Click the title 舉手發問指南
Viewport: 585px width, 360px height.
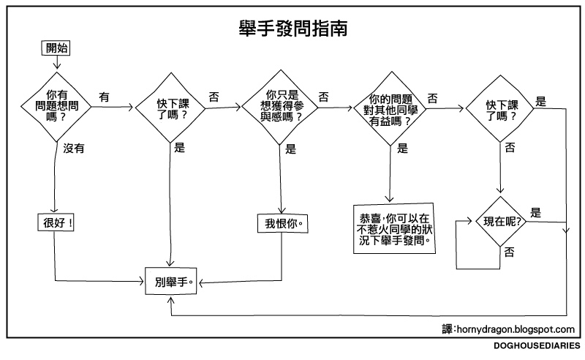(292, 28)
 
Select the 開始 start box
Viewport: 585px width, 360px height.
(57, 49)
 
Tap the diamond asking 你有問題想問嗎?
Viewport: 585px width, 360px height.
(57, 106)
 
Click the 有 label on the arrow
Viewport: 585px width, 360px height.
(105, 96)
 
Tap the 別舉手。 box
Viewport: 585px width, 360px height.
(170, 281)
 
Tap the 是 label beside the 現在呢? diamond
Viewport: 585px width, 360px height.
(535, 213)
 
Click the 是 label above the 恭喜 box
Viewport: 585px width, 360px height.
(402, 149)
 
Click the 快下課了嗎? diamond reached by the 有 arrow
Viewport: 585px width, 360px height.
(170, 109)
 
